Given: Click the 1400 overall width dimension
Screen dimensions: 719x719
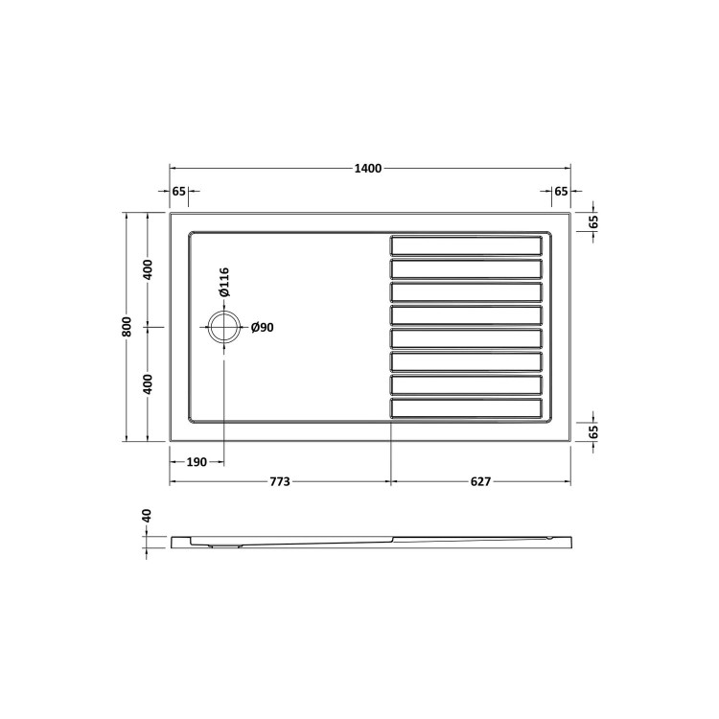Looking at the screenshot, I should pos(368,169).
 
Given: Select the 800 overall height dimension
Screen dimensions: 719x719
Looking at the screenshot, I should pos(127,327).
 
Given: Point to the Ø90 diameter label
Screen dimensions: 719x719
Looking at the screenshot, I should pos(263,328).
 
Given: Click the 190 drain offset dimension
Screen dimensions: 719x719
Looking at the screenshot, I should pos(197,462).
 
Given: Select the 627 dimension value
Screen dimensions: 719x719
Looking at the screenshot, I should pos(480,481).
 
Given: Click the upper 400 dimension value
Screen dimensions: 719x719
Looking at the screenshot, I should pos(148,269).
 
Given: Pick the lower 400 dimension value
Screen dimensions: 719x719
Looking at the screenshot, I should pos(148,383).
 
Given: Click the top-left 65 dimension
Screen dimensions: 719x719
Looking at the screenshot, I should pos(178,192).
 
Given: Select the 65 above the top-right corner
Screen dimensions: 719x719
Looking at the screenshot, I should pos(561,192).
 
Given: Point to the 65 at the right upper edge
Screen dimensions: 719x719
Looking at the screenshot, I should pos(593,220).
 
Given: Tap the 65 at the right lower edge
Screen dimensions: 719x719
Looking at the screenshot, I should pos(593,432).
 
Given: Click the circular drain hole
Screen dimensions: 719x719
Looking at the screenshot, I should pos(223,327).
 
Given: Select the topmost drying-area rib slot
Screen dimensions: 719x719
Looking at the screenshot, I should pos(466,244).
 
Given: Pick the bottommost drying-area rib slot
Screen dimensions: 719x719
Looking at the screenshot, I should pos(466,409).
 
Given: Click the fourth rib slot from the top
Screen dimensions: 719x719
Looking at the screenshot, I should pos(466,315).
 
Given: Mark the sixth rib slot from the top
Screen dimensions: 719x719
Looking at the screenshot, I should pos(466,362).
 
